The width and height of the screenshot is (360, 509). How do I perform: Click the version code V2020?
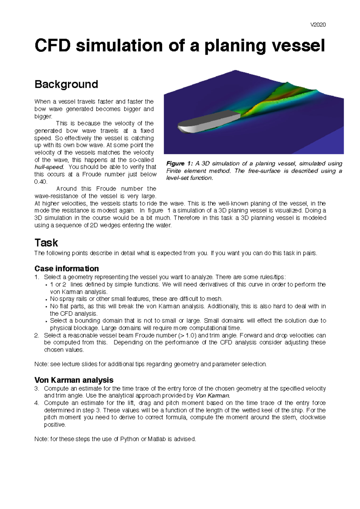click(x=318, y=25)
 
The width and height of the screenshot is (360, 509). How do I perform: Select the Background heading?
click(x=66, y=84)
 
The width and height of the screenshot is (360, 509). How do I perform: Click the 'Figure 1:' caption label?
click(x=179, y=164)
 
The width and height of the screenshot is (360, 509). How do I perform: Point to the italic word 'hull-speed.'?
click(x=49, y=167)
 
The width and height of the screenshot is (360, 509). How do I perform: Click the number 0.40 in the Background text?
click(x=41, y=182)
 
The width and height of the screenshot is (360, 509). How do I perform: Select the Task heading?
click(x=46, y=242)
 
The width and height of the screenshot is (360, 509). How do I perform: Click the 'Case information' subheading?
click(x=67, y=268)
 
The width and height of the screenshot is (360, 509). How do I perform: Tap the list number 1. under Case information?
click(x=37, y=277)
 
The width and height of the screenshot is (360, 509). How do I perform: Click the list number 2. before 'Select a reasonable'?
click(x=37, y=335)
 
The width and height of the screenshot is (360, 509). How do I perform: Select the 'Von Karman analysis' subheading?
click(x=74, y=380)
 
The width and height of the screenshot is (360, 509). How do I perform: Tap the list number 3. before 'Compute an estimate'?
click(x=37, y=388)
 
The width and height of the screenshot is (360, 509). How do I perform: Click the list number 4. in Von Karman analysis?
click(x=37, y=403)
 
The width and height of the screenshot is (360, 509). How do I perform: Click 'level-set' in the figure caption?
click(x=177, y=178)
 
